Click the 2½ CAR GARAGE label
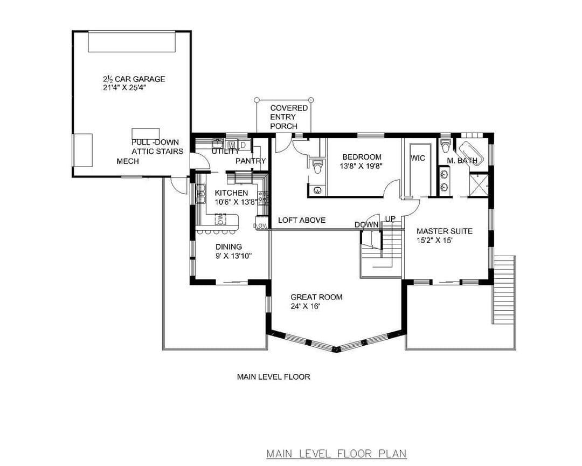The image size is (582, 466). coord(134,79)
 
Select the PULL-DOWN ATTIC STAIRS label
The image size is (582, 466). coord(157,147)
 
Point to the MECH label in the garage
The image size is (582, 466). coord(128,161)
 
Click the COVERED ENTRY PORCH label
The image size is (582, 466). coord(289,117)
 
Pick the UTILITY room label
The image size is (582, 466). coord(225,152)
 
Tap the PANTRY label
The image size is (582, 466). coord(251,161)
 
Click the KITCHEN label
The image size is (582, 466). coord(231,193)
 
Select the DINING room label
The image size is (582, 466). coord(228,246)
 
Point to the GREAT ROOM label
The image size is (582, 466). coord(316,297)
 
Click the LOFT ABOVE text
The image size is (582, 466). coord(302,221)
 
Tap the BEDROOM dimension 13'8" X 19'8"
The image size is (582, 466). coord(361,166)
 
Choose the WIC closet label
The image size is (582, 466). coord(418,159)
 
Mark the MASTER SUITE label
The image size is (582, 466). coord(444,231)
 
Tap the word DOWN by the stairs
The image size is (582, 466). coord(366,225)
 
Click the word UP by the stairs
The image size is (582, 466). coord(390,218)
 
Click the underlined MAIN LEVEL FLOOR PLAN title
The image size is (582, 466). coord(337,454)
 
